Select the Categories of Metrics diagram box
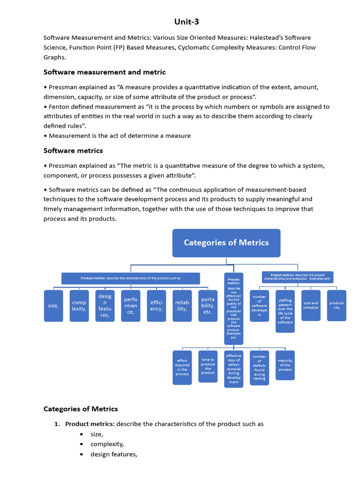pos(226,243)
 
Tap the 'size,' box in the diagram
pos(53,306)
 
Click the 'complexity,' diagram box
pos(79,306)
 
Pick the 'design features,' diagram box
pos(105,306)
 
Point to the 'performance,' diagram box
pos(130,306)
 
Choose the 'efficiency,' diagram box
pos(156,306)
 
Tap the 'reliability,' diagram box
pos(182,306)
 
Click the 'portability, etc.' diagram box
pos(208,306)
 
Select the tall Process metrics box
pos(233,308)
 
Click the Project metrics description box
pos(297,277)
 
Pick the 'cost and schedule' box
pos(311,305)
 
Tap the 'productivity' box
pos(337,305)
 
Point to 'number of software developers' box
pos(259,306)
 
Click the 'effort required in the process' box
pos(182,367)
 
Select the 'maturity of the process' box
pos(285,365)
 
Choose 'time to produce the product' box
pos(208,366)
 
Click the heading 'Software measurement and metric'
pos(105,72)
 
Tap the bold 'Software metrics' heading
pos(73,150)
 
